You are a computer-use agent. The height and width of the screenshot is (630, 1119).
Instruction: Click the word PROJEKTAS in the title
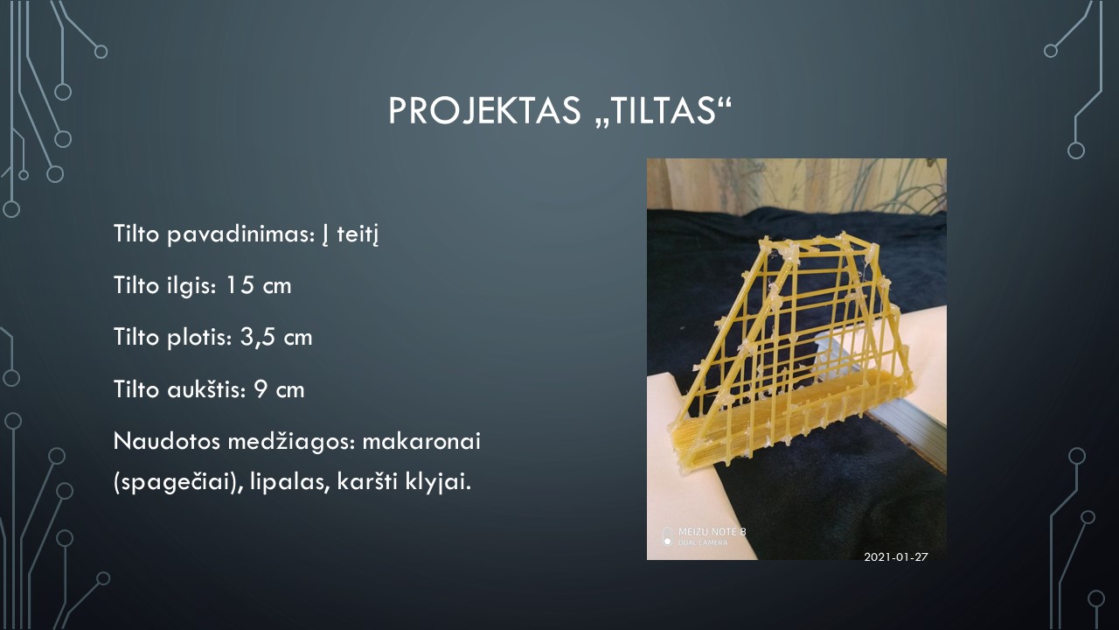coord(484,110)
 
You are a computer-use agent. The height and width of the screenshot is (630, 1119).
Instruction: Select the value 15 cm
coord(258,285)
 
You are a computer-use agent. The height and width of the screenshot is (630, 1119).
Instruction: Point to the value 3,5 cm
coord(276,338)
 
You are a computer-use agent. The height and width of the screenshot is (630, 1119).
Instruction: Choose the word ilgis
coord(192,286)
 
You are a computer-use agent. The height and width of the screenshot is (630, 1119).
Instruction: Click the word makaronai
coord(421,442)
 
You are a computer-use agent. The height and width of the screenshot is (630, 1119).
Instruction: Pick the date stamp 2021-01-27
coord(896,557)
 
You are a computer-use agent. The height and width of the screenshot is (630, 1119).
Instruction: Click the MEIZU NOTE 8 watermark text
coord(712,532)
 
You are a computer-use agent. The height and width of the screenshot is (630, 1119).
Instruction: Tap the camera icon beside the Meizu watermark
coord(667,536)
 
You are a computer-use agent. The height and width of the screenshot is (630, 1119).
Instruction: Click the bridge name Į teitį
coord(351,234)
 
